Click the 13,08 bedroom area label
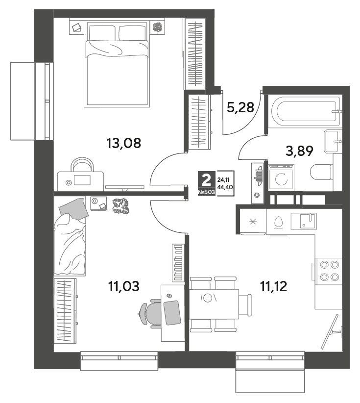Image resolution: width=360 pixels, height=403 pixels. (x=123, y=143)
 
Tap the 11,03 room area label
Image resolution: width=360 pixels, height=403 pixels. (x=124, y=286)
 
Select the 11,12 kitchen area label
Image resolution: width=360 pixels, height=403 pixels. (x=273, y=286)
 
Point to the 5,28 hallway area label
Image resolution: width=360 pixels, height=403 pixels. (x=240, y=107)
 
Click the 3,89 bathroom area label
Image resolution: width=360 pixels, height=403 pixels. (x=299, y=151)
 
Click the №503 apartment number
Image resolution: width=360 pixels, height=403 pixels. (x=206, y=192)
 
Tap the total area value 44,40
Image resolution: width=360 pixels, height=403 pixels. (x=225, y=187)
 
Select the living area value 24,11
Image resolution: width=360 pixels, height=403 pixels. (x=223, y=180)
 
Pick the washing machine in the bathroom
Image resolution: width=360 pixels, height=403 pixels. (x=282, y=177)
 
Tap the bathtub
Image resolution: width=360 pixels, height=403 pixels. (x=305, y=112)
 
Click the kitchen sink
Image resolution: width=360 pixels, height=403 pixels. (x=304, y=221)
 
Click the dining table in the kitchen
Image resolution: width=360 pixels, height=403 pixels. (x=214, y=304)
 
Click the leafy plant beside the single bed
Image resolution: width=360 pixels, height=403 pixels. (x=120, y=206)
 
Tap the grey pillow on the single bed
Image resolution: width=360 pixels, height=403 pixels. (x=74, y=209)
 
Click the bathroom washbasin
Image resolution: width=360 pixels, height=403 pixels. (x=333, y=141)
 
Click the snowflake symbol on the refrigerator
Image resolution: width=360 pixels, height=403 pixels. (x=253, y=221)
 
